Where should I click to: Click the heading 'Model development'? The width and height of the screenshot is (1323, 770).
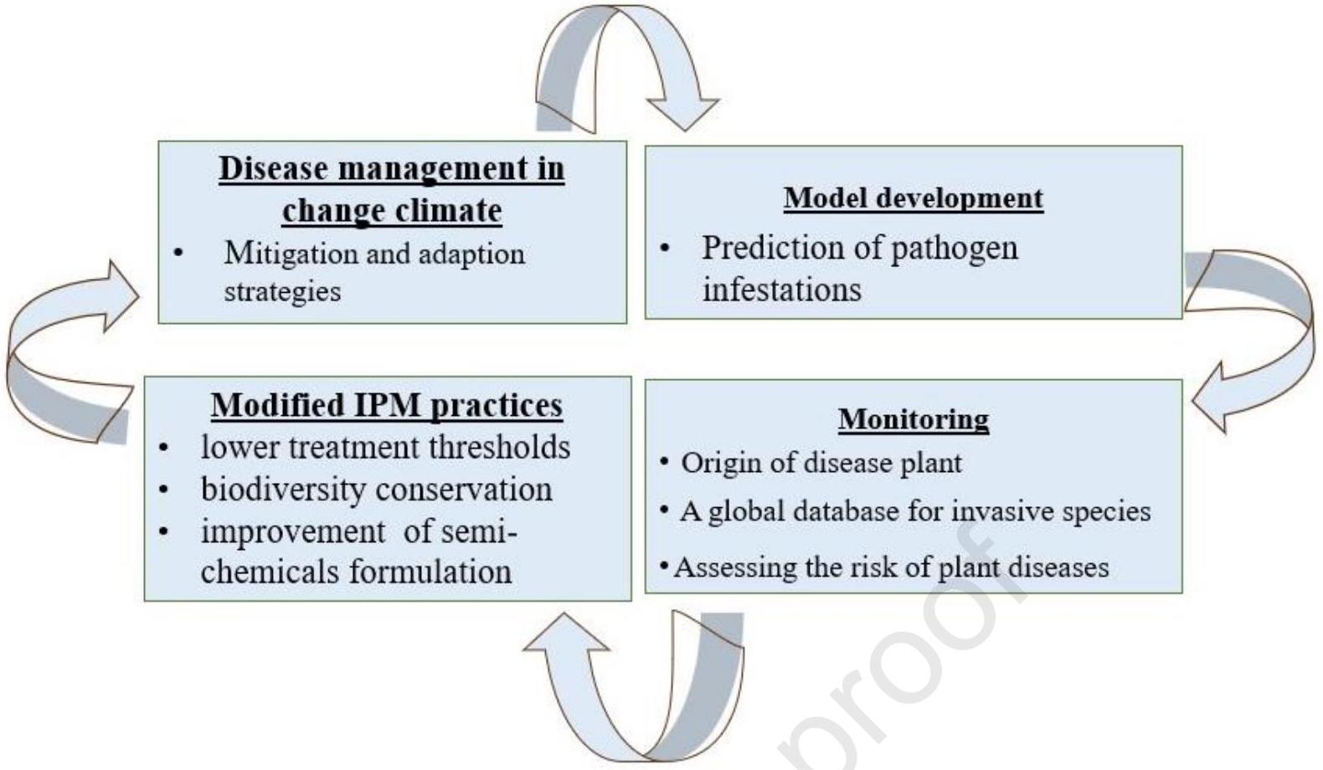[x=913, y=198]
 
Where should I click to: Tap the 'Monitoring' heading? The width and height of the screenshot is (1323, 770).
[x=913, y=419]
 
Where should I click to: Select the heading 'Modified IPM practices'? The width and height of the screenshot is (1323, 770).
[x=387, y=406]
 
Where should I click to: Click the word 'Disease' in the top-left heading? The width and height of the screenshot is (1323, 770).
[x=274, y=168]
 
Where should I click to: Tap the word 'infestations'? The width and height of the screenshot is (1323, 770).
[x=781, y=290]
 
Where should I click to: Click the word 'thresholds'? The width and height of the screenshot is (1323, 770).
[x=499, y=447]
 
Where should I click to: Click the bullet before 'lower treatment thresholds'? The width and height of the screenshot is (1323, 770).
[x=163, y=448]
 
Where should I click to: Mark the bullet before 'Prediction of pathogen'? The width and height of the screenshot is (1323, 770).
[x=665, y=249]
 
